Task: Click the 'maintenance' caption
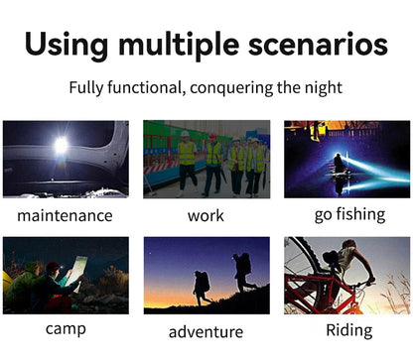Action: [x=66, y=215]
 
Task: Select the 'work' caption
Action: [x=206, y=215]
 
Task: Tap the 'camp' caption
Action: [x=66, y=329]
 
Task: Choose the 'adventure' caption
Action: [x=206, y=331]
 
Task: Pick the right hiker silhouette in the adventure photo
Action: [x=242, y=271]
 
